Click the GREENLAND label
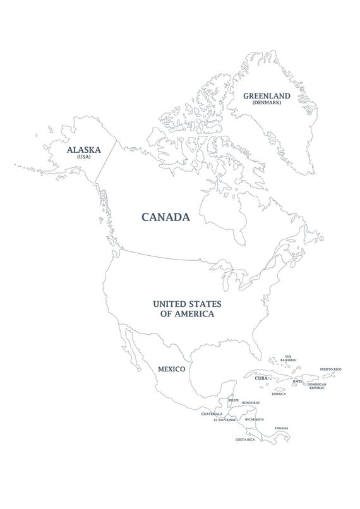pyautogui.click(x=267, y=96)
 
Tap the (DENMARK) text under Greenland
pyautogui.click(x=267, y=103)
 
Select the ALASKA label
pyautogui.click(x=84, y=150)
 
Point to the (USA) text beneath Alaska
pyautogui.click(x=84, y=157)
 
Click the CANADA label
pyautogui.click(x=165, y=217)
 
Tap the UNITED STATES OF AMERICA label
pyautogui.click(x=183, y=308)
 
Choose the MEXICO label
pyautogui.click(x=171, y=369)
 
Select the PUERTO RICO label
pyautogui.click(x=330, y=369)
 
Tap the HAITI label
pyautogui.click(x=297, y=381)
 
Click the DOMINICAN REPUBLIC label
pyautogui.click(x=316, y=386)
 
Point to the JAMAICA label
pyautogui.click(x=279, y=394)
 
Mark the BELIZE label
pyautogui.click(x=234, y=400)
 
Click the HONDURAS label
pyautogui.click(x=251, y=402)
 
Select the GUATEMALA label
pyautogui.click(x=212, y=414)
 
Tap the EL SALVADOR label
pyautogui.click(x=224, y=419)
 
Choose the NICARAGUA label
pyautogui.click(x=254, y=419)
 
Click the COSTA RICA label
pyautogui.click(x=245, y=439)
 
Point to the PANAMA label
pyautogui.click(x=281, y=428)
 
